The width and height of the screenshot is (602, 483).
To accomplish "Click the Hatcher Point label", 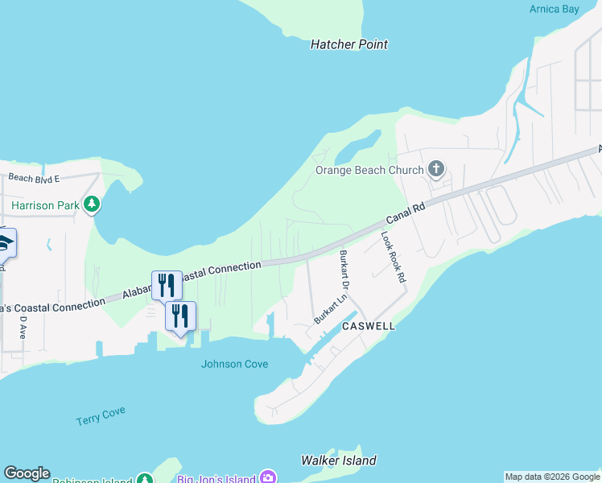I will point(349,44).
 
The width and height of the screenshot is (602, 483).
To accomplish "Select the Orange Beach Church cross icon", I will point(436,169).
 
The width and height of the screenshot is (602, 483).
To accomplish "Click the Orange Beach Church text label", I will point(369,170).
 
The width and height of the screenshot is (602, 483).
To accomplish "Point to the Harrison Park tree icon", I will point(93,204).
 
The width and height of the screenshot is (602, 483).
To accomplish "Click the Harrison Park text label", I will point(46,205).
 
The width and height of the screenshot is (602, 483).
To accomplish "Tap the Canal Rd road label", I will point(405,213).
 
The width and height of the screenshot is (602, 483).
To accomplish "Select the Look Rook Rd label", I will point(393,257).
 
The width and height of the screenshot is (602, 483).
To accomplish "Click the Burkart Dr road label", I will point(344,270).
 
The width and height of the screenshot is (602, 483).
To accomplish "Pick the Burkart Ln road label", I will point(331,308).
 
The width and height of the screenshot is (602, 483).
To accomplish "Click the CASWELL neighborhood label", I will point(369,327).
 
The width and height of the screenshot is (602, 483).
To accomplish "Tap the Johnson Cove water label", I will point(234,364).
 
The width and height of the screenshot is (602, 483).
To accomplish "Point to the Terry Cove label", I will point(101,416).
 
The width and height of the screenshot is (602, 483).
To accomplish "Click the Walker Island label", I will point(338,460).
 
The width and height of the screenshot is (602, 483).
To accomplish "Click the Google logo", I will point(27,473).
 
